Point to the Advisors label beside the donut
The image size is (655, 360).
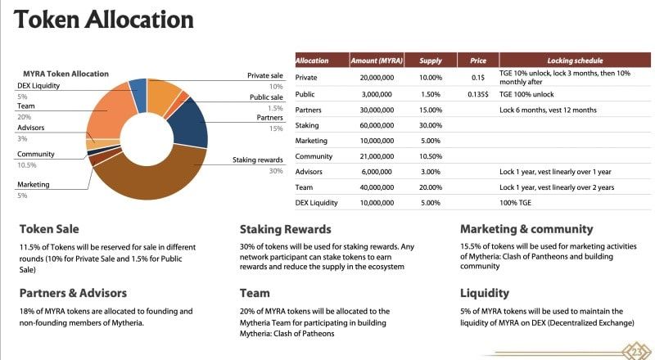click(30, 128)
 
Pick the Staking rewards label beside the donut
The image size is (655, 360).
click(257, 160)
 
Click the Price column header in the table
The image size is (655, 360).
click(477, 61)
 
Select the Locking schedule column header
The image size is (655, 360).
click(576, 61)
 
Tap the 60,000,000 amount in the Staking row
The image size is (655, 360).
click(377, 125)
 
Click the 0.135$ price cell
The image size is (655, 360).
click(477, 94)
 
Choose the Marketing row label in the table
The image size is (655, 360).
click(311, 141)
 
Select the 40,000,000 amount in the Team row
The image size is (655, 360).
click(377, 187)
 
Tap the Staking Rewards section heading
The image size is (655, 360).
click(285, 229)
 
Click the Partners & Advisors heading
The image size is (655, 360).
click(73, 292)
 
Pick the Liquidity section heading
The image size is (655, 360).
click(484, 292)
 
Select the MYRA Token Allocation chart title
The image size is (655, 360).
click(65, 74)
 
